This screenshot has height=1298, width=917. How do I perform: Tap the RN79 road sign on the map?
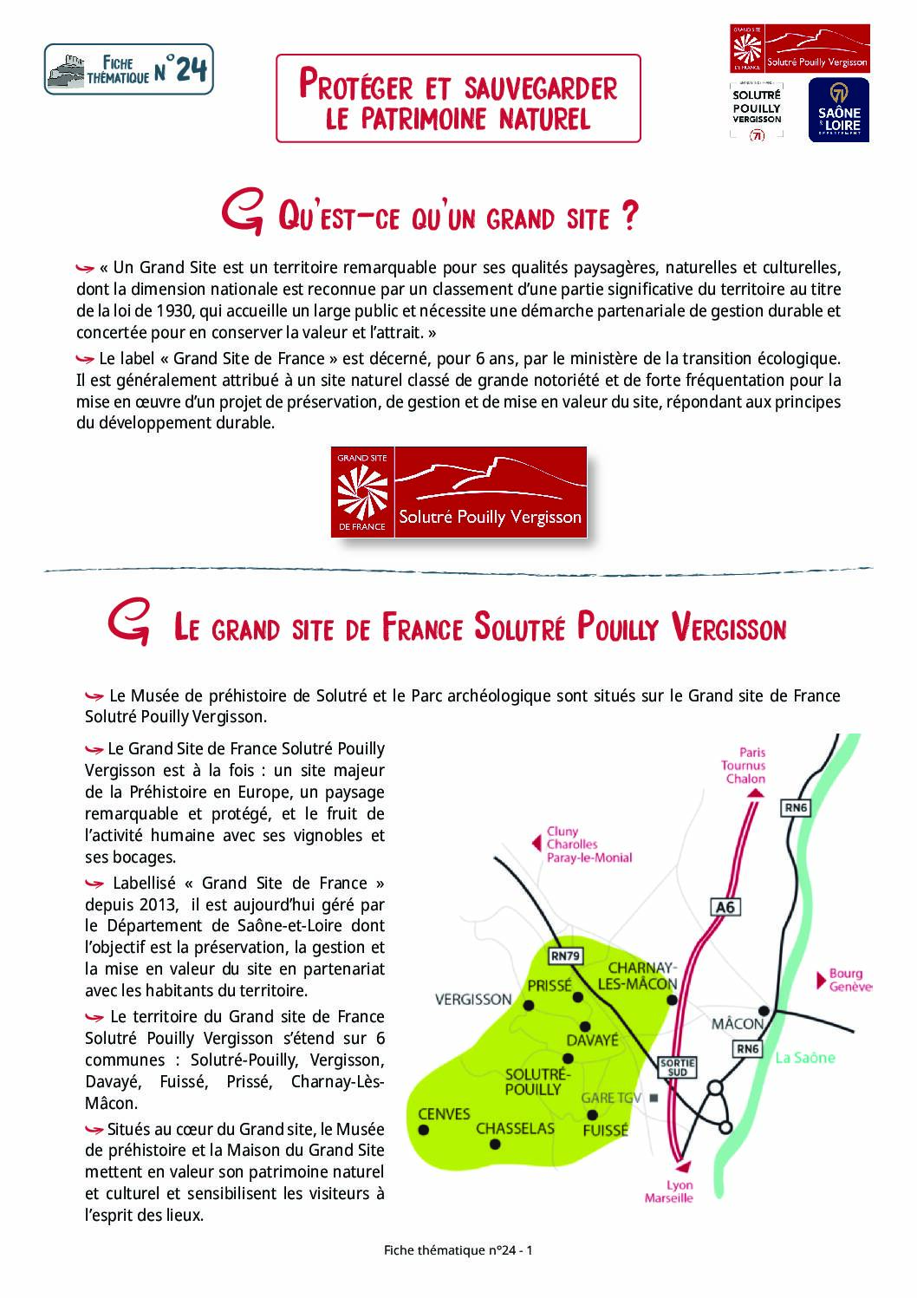566,956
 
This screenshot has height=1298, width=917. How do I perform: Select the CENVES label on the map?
444,1114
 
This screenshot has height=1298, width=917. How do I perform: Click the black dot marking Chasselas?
495,1145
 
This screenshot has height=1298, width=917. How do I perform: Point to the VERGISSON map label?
473,999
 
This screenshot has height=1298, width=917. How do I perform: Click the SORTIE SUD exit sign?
678,1067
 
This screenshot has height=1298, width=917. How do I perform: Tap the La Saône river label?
805,1057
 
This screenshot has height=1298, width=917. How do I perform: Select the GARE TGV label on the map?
612,1098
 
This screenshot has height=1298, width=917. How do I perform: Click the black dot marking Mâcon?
764,1011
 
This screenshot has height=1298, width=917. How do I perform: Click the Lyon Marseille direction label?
670,1191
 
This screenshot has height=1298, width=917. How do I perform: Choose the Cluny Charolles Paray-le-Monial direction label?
589,845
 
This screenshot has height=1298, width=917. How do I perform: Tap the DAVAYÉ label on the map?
593,1040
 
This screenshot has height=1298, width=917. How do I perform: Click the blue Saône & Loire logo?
839,109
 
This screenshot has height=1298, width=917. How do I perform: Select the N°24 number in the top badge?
181,69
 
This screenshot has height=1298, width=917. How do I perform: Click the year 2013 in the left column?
156,904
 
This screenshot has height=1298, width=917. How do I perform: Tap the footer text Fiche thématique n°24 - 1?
458,1250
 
